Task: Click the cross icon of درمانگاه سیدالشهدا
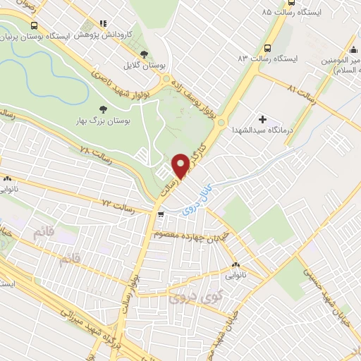click(x=264, y=120)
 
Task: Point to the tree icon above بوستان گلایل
click(x=144, y=54)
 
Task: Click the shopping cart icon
click(x=162, y=214)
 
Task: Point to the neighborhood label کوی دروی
click(x=184, y=298)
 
